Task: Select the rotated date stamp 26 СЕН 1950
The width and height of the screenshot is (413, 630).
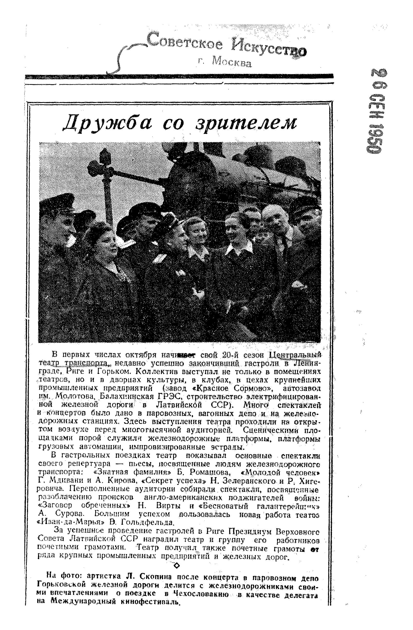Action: pyautogui.click(x=375, y=111)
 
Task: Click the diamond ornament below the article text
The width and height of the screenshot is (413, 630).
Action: pyautogui.click(x=177, y=566)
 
